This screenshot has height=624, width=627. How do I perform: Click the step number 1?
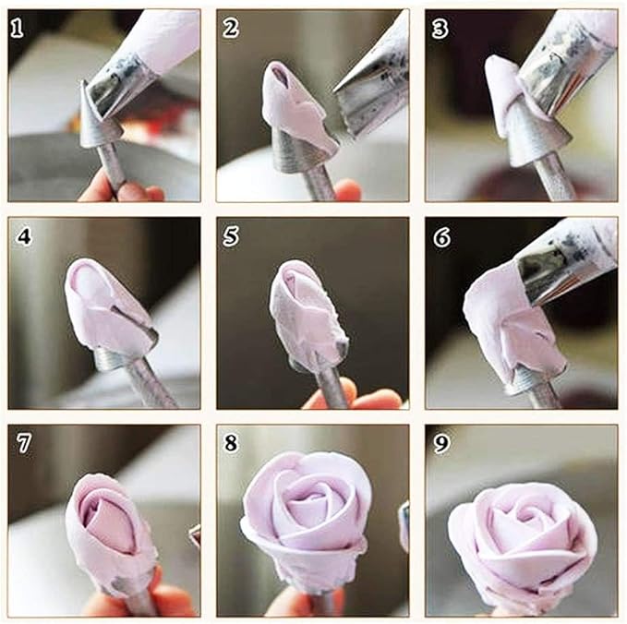point(17,29)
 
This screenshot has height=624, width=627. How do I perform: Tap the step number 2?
point(230,29)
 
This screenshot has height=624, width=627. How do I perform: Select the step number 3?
point(440,29)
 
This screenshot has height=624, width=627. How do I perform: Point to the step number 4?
point(24,236)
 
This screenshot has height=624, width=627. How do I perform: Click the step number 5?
point(231,236)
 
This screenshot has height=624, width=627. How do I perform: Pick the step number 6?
point(441,237)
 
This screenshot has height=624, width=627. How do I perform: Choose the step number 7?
point(24,443)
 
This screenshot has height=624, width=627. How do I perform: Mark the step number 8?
point(231,443)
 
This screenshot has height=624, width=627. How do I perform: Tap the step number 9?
point(441,444)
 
